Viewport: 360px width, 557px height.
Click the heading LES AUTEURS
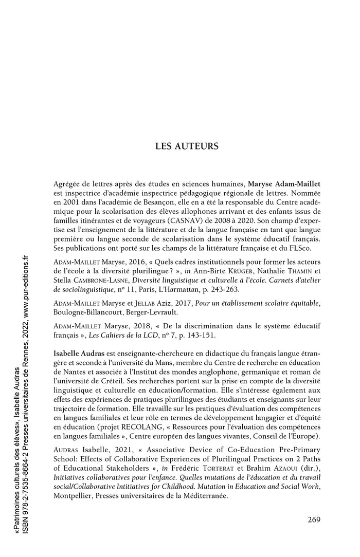187,146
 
